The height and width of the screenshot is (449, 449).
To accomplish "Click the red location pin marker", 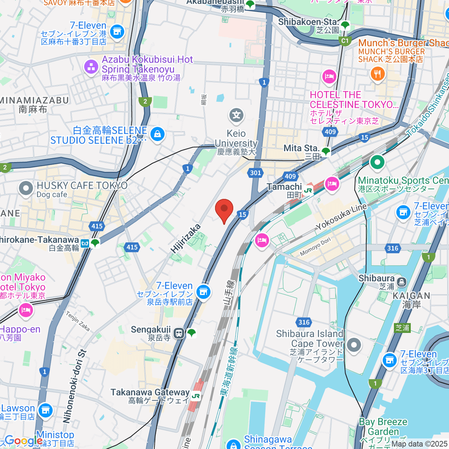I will coord(224,210).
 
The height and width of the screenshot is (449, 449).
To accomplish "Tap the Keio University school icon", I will coord(236,115).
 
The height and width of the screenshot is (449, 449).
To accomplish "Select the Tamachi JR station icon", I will coord(308,190).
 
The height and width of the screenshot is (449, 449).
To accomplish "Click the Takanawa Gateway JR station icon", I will coord(195,396).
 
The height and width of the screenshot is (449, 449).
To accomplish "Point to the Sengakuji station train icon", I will coord(179,333).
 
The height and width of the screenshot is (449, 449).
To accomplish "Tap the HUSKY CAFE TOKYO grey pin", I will coord(26,189).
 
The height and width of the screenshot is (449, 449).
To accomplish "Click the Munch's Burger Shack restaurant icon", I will coord(378,74).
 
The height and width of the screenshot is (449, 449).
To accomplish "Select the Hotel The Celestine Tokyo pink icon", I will coord(329,77).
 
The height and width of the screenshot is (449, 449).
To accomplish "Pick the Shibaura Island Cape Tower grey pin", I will coord(354,345).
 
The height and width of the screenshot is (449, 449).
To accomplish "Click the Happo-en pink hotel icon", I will coord(25,310).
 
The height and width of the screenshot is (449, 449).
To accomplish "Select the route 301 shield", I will coord(255,172).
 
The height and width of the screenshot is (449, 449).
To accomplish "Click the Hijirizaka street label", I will coord(186,239).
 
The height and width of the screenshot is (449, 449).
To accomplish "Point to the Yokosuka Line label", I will coord(342,217).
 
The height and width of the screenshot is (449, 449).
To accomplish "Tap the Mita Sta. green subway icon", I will coord(326,151).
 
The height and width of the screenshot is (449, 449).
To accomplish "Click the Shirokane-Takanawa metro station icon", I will coord(85,244).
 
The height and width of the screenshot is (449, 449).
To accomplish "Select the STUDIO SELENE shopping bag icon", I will coord(157,134).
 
